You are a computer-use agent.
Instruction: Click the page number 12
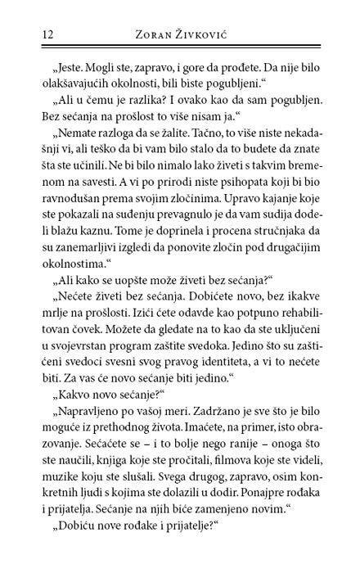pyautogui.click(x=24, y=34)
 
